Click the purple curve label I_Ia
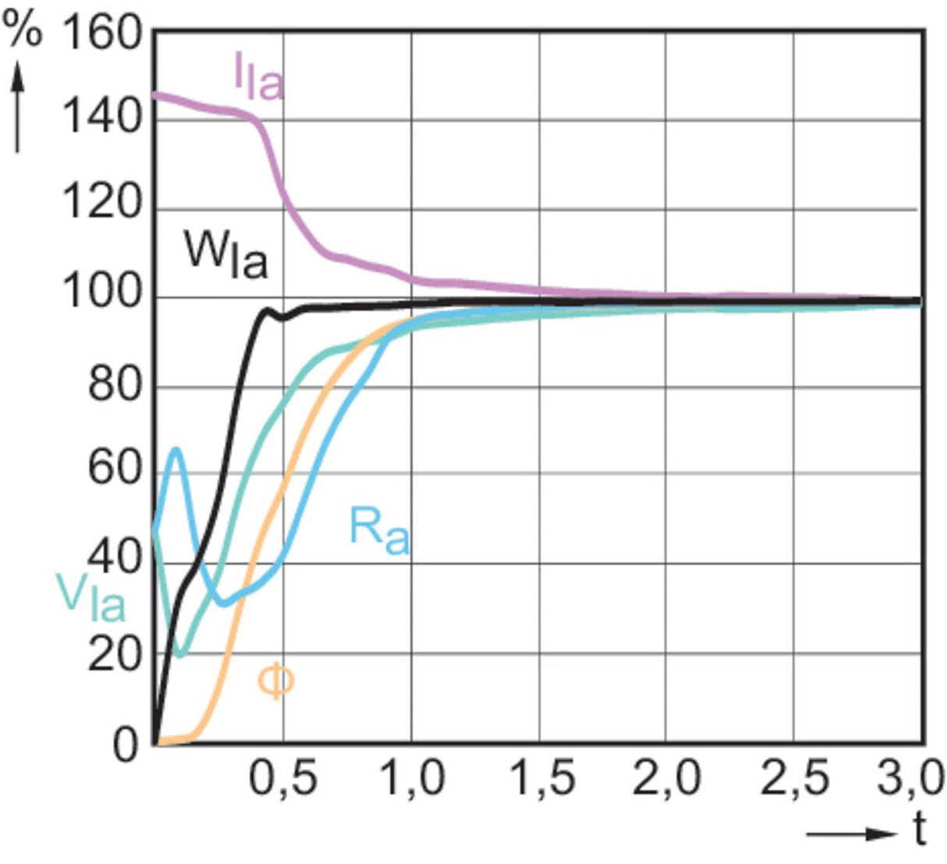[258, 77]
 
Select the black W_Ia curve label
[225, 256]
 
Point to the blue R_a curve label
[378, 531]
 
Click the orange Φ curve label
[275, 682]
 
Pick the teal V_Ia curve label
[90, 597]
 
